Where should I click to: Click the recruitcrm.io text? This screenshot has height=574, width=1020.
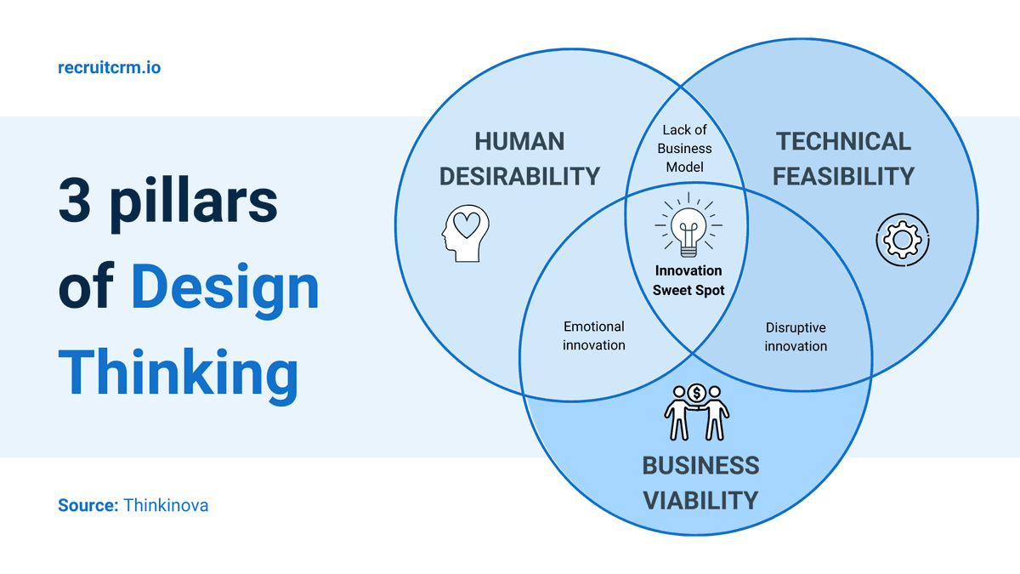point(109,67)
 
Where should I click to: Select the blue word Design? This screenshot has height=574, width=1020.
point(225,289)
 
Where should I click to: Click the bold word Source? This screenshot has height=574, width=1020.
point(88,505)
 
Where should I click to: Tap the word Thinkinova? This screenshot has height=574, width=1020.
point(166,505)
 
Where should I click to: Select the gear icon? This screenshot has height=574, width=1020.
point(903,239)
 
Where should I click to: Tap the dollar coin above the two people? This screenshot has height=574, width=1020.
point(697,393)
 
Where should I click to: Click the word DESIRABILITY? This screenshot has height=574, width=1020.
point(520,177)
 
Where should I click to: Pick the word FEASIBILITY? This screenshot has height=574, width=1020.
point(844,177)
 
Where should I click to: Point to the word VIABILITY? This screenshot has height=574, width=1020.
point(700,500)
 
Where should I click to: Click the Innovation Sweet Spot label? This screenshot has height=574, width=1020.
point(688,280)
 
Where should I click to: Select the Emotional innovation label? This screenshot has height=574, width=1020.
point(594,336)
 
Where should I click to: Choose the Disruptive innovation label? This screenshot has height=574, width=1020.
point(796,337)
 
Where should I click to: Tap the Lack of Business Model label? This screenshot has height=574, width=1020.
point(685,148)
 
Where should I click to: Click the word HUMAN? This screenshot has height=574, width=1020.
point(519,141)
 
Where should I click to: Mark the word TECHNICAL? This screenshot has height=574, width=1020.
point(843,141)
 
